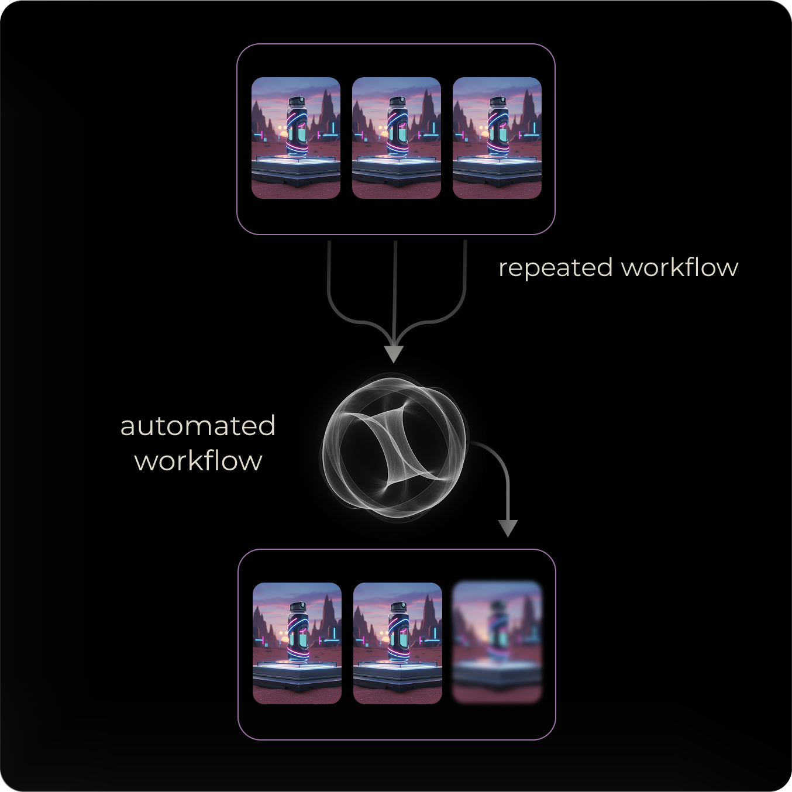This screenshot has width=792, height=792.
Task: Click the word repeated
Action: pyautogui.click(x=555, y=268)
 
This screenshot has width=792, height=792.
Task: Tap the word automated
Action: pyautogui.click(x=198, y=426)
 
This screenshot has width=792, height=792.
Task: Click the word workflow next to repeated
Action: pyautogui.click(x=679, y=267)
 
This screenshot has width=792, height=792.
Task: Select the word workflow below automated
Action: pyautogui.click(x=198, y=461)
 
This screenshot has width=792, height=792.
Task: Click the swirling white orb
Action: pyautogui.click(x=395, y=447)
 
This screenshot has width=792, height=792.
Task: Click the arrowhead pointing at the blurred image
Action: pyautogui.click(x=508, y=528)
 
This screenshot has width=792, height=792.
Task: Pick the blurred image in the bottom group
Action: pyautogui.click(x=497, y=642)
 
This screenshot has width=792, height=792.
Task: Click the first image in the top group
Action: pyautogui.click(x=296, y=138)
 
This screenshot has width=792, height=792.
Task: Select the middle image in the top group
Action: pyautogui.click(x=397, y=138)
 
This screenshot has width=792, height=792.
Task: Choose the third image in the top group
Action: pyautogui.click(x=497, y=138)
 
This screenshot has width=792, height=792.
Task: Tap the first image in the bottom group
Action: pyautogui.click(x=297, y=643)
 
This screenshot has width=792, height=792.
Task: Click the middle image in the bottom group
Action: pyautogui.click(x=398, y=643)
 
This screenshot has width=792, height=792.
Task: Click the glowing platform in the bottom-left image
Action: pyautogui.click(x=297, y=667)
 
